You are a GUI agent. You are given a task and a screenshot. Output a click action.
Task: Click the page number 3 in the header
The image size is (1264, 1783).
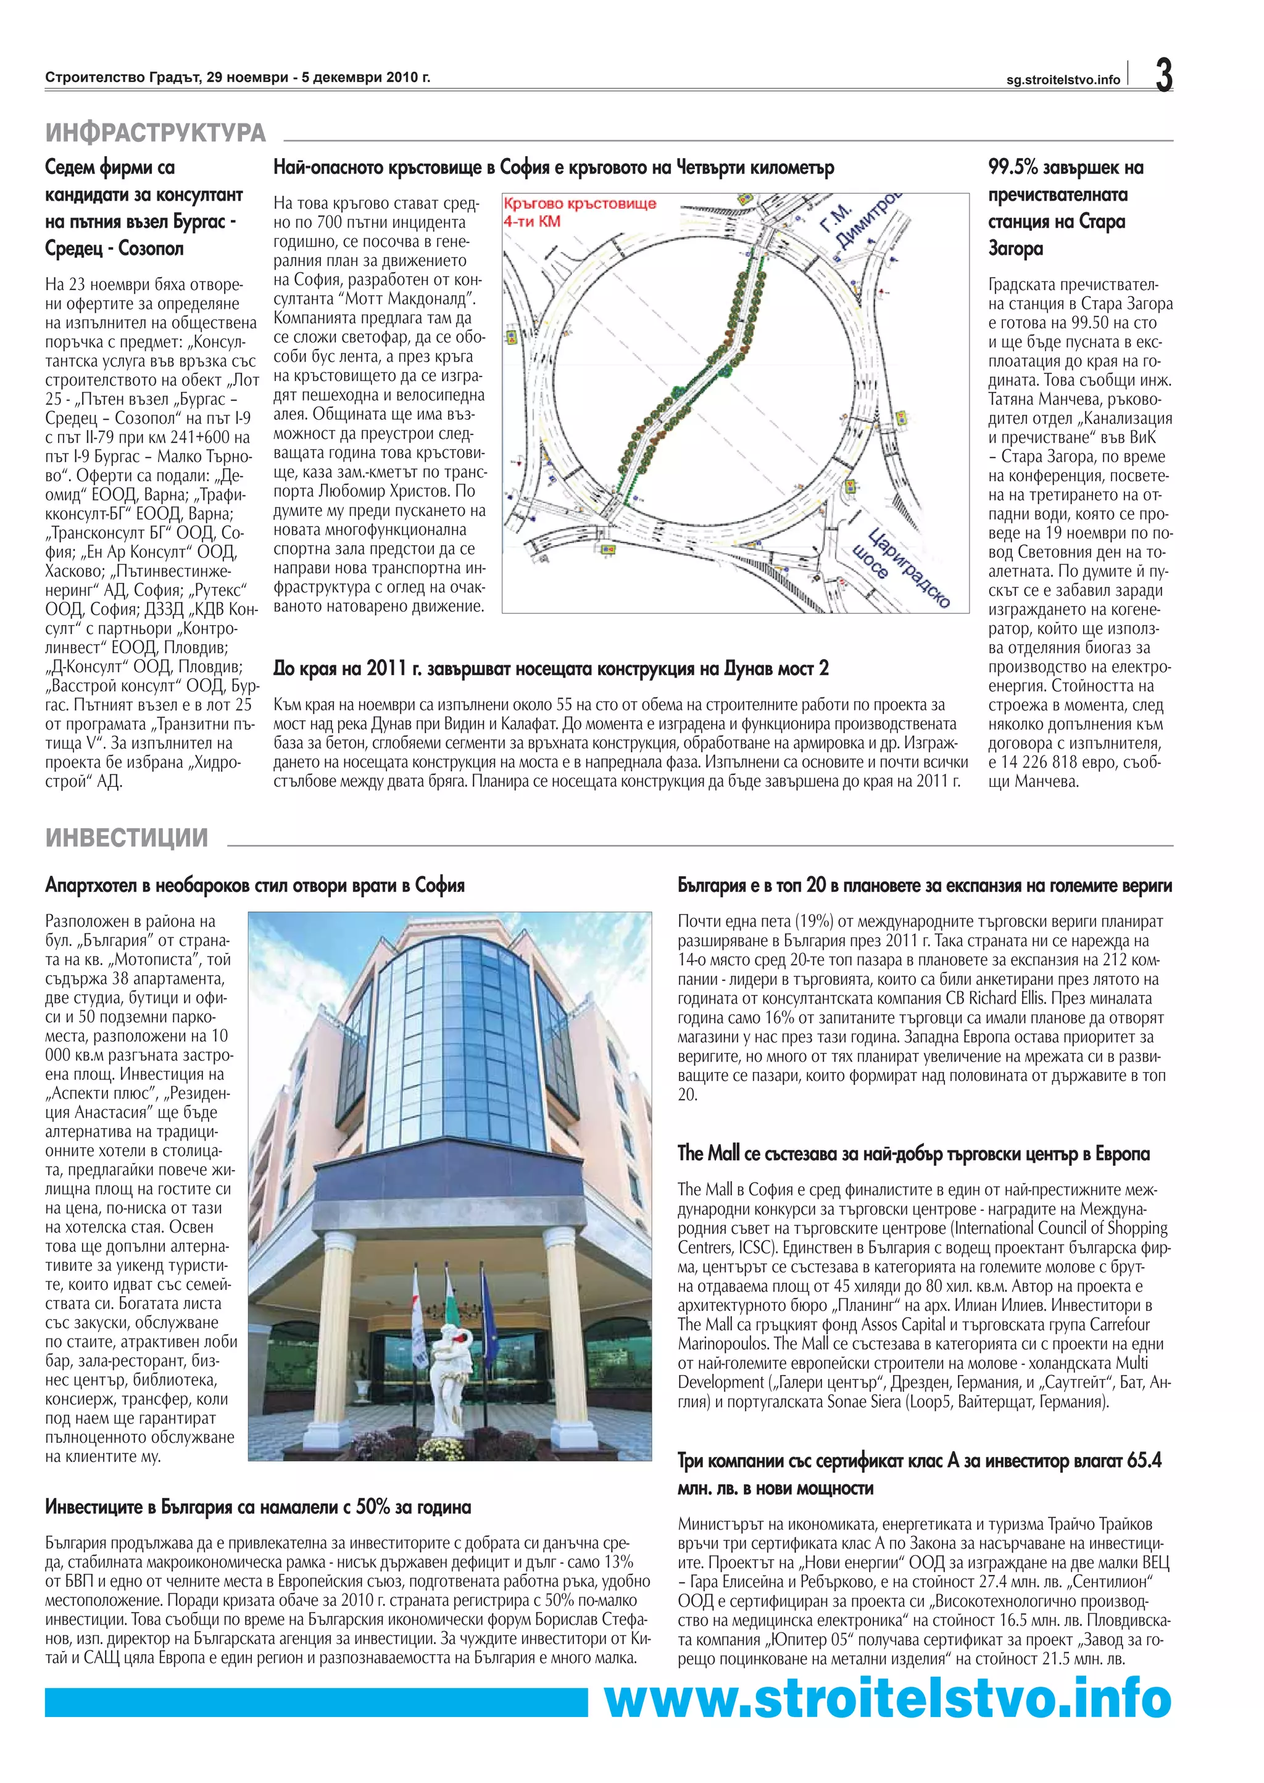[x=1163, y=75]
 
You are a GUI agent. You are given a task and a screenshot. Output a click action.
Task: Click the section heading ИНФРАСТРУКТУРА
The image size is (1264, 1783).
[x=156, y=132]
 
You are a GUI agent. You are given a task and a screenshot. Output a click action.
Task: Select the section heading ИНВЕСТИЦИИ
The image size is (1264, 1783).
[x=127, y=838]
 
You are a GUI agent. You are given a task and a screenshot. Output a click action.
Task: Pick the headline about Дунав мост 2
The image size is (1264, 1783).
[x=551, y=668]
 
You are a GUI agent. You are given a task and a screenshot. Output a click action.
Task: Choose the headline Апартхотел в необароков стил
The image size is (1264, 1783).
[x=254, y=885]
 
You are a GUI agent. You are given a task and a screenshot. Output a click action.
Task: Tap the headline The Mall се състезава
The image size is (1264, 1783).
[x=913, y=1153]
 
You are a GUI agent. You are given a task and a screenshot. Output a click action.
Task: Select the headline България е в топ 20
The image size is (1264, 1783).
[x=924, y=885]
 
